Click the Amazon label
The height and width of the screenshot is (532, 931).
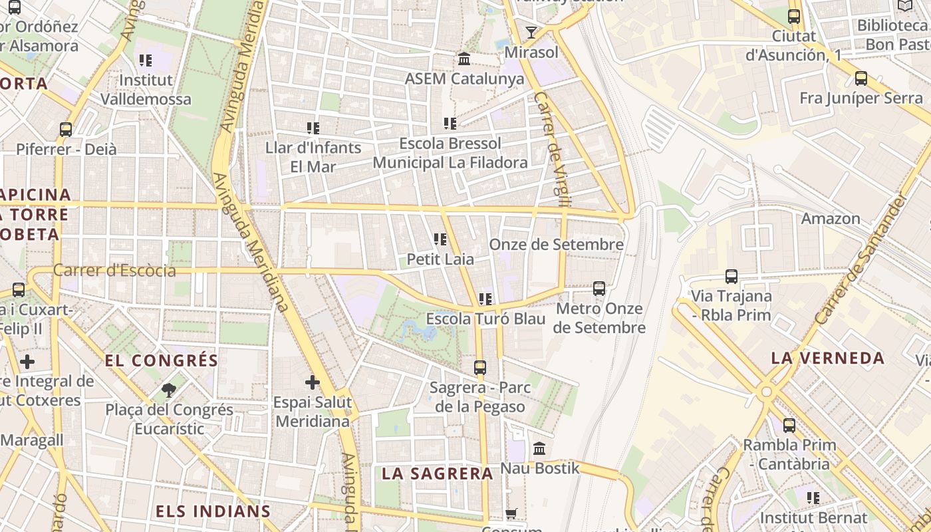831,219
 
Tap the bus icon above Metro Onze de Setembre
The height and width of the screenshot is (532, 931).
599,289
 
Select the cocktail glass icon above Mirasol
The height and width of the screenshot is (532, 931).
531,32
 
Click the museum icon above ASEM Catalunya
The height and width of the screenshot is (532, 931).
464,59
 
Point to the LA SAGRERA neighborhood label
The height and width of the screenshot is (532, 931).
438,473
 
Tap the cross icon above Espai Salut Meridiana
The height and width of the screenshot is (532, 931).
312,382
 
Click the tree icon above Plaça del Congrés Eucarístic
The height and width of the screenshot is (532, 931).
169,390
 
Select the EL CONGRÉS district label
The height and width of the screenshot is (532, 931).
162,360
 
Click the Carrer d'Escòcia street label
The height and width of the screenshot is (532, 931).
114,271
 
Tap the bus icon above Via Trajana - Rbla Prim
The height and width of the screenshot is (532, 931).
731,276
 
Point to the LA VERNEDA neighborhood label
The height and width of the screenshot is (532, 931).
828,358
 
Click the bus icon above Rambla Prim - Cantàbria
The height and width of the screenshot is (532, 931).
789,425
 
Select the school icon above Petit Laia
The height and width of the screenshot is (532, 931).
440,239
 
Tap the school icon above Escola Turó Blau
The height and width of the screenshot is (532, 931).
485,299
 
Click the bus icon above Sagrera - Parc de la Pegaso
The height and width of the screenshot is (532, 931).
479,367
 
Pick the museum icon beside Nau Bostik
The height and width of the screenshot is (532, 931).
539,449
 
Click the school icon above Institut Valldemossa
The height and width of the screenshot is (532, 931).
146,61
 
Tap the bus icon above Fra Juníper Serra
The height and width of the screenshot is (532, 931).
861,78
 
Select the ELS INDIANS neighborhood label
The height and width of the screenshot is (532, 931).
213,511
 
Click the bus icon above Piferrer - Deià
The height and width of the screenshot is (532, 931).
66,129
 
